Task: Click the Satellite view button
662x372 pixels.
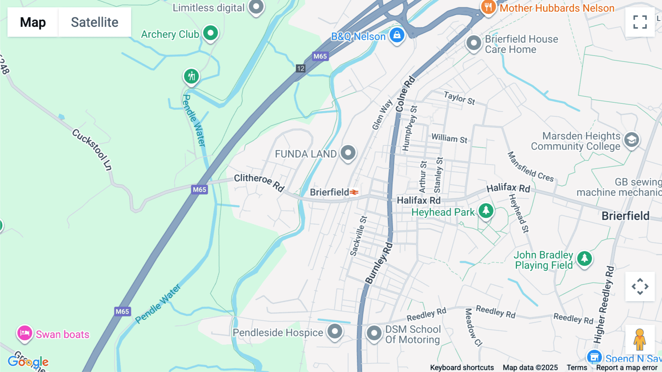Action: point(95,22)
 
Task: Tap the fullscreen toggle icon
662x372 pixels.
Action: point(640,22)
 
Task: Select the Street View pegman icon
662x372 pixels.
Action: point(640,339)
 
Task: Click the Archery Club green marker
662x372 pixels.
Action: point(211,34)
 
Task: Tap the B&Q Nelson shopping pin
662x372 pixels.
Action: point(397,35)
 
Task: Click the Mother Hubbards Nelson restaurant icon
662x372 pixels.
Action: point(488,7)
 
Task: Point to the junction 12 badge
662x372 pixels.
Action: point(300,68)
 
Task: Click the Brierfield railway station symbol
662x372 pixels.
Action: point(354,192)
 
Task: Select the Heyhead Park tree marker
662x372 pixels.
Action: point(486,211)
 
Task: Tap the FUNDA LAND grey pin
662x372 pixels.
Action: point(348,152)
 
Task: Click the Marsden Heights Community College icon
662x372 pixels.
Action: point(631,140)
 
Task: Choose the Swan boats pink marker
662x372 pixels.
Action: point(25,333)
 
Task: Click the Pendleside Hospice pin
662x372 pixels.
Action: point(335,331)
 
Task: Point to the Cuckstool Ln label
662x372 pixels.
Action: point(92,149)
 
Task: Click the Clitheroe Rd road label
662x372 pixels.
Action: point(259,182)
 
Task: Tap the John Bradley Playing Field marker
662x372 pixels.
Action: point(584,258)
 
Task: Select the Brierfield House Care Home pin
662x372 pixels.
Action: point(474,43)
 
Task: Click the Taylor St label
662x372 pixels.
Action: point(459,98)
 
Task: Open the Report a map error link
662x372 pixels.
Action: point(627,368)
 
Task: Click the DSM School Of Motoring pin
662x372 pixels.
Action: point(374,333)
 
